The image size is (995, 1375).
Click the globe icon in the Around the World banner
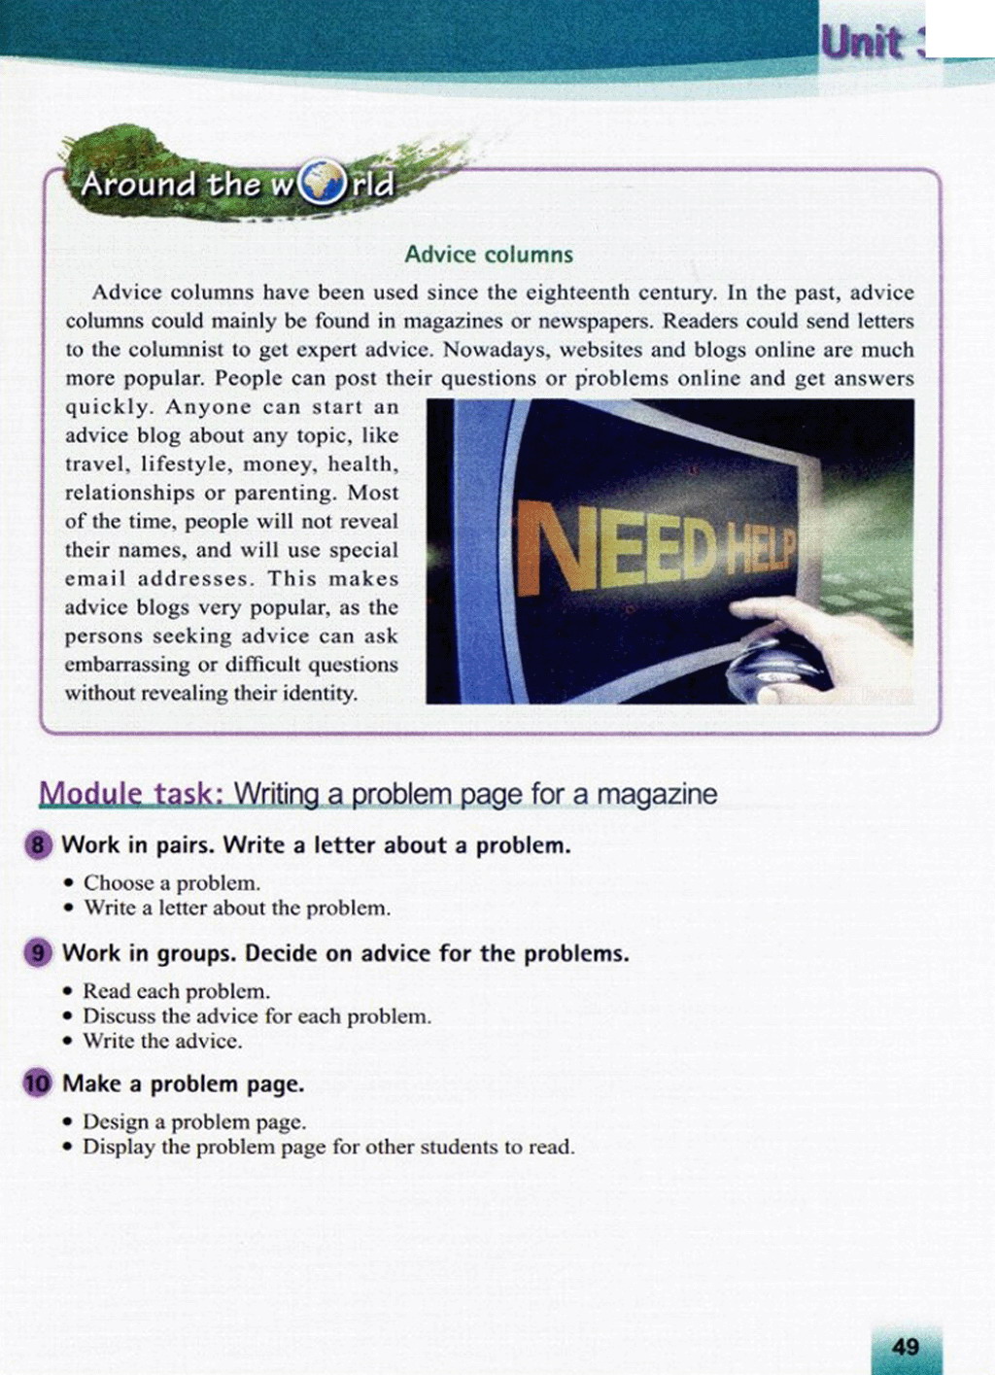tap(323, 183)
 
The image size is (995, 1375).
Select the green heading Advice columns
tap(489, 255)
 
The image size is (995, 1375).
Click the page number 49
tap(905, 1347)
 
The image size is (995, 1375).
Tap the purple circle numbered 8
tap(38, 844)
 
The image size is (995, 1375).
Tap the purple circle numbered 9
tap(38, 953)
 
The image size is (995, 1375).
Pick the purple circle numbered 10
tap(38, 1083)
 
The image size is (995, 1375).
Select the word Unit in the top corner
tap(862, 43)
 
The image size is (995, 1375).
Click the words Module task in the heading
tap(131, 794)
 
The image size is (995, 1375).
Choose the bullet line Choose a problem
tap(172, 883)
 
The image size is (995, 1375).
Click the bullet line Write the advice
tap(162, 1041)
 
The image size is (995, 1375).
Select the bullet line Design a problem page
tap(194, 1121)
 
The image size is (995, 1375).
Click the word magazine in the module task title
tap(657, 794)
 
